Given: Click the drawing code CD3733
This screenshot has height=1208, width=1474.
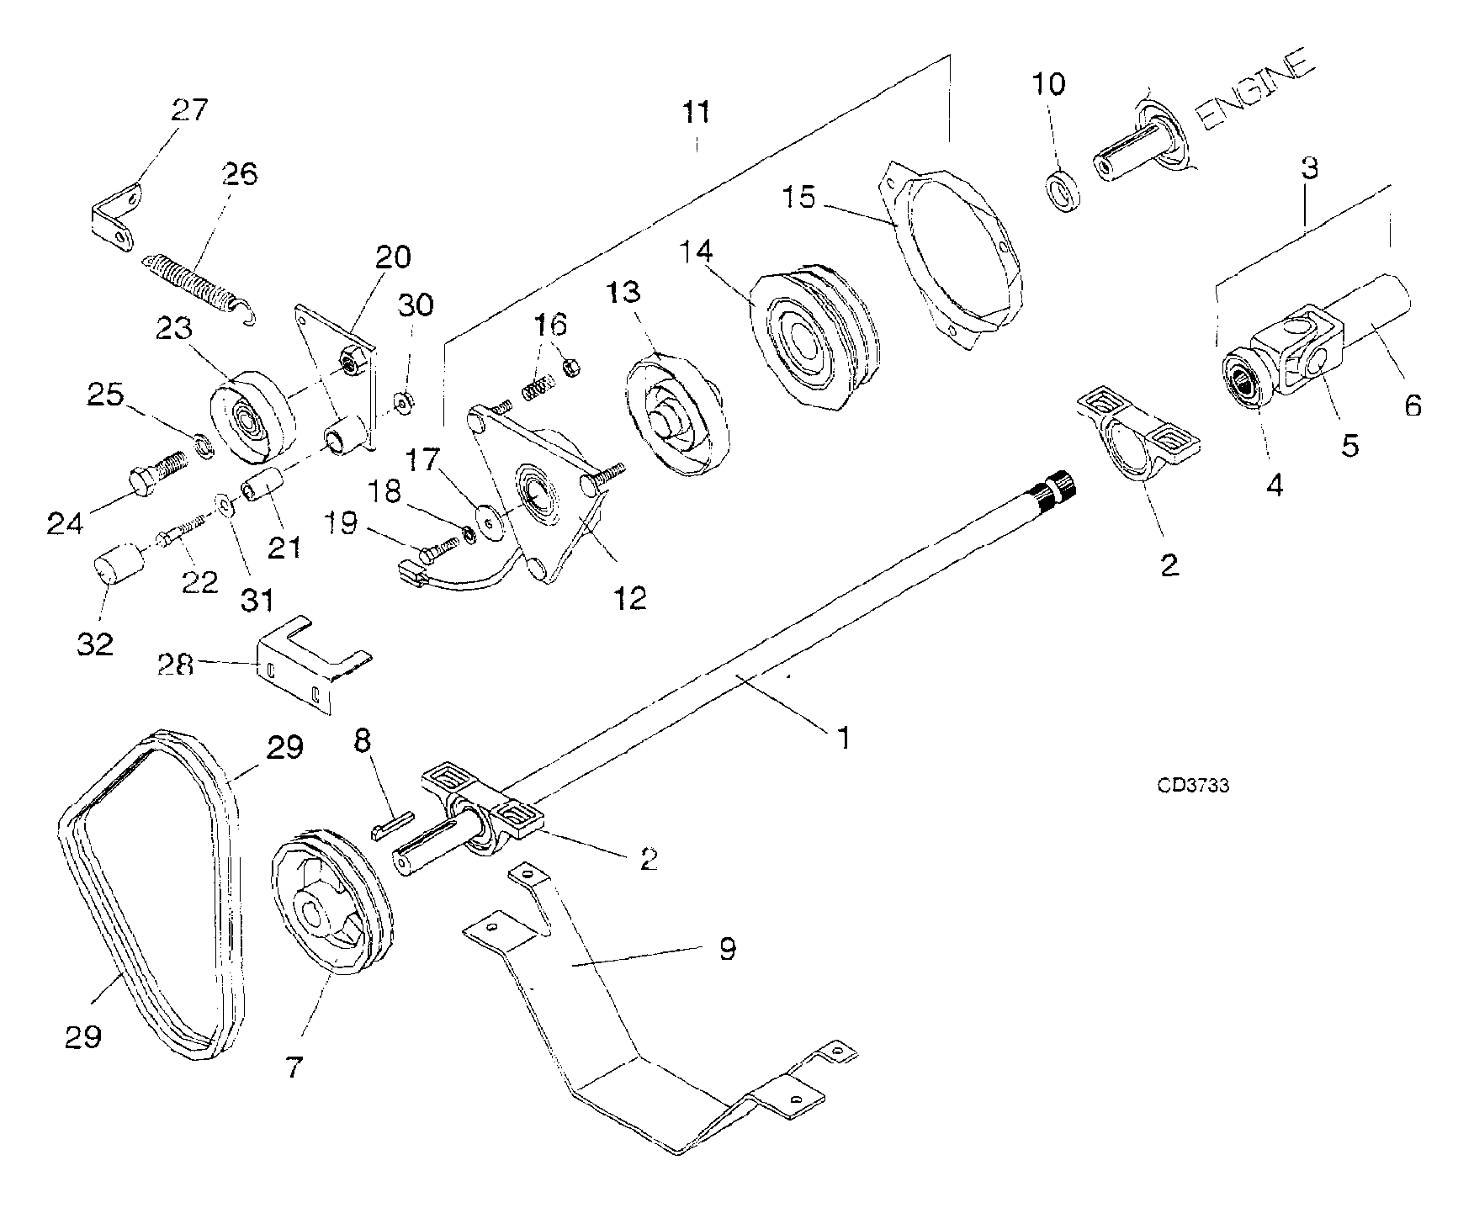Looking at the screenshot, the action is [x=1193, y=785].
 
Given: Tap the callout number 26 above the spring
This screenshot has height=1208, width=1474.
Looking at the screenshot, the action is [x=240, y=174].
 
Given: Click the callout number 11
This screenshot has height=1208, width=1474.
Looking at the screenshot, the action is [x=696, y=113].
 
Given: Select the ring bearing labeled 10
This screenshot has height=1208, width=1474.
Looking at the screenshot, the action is [x=1066, y=190].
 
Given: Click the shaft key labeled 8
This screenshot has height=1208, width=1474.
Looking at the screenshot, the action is [x=391, y=824].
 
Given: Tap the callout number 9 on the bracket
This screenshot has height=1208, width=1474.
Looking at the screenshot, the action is [x=728, y=949].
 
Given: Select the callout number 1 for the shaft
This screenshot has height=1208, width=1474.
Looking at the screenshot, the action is [x=842, y=739].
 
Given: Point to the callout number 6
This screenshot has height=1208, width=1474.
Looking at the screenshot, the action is [x=1413, y=405].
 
